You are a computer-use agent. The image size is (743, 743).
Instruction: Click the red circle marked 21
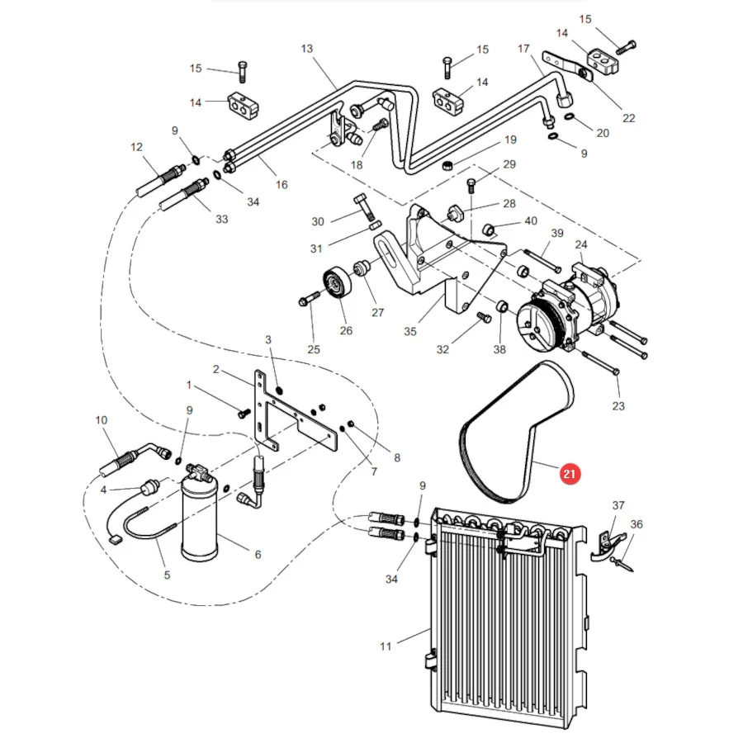point(569,474)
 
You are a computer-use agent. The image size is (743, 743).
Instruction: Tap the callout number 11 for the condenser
point(386,646)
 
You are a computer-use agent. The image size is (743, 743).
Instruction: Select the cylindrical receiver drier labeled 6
point(200,520)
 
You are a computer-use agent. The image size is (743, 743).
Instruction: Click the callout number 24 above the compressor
point(581,244)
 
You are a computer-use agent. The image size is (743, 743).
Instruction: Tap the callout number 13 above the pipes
point(306,49)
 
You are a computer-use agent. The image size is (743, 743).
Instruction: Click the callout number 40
point(531,220)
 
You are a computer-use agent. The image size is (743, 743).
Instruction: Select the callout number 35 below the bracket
point(410,332)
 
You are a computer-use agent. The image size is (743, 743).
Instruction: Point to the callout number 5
point(167,575)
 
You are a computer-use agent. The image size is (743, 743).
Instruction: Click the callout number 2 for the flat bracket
point(216,369)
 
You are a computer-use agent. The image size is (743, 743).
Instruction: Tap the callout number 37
point(618,505)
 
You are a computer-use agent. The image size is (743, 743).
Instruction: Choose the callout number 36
point(637,524)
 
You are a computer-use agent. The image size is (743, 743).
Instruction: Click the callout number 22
point(628,117)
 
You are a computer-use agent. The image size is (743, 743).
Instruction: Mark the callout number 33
point(222,219)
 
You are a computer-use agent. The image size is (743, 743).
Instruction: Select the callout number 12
point(136,147)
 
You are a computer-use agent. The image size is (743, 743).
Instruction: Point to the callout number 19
point(510,140)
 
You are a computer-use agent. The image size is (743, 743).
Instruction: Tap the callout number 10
point(102,420)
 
